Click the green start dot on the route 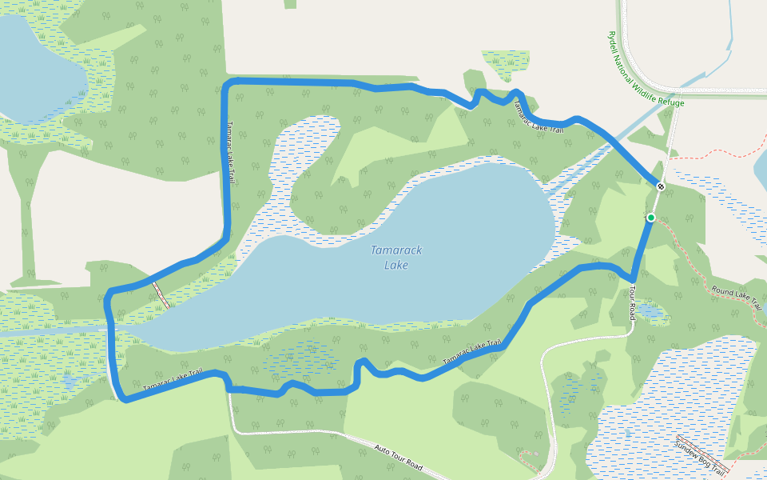(651, 218)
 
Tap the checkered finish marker (661, 186)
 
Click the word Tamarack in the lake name (396, 250)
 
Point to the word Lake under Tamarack (396, 265)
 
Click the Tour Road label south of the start (631, 303)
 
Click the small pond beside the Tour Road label (649, 312)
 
